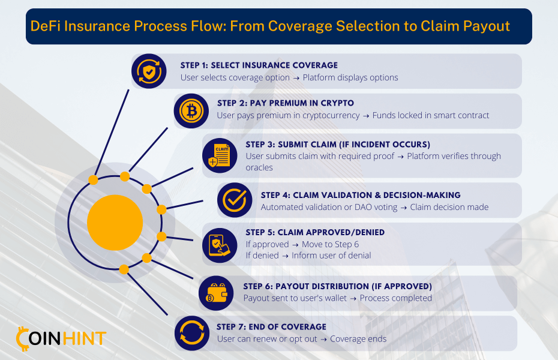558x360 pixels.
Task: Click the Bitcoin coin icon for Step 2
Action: click(191, 111)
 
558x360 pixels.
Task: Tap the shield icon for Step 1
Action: click(149, 71)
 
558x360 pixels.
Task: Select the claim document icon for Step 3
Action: click(220, 155)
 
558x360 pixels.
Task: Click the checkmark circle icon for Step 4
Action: click(235, 200)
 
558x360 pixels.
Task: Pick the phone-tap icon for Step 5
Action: click(220, 245)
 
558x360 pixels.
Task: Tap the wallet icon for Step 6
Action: click(216, 293)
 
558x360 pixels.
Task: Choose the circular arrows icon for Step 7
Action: click(192, 334)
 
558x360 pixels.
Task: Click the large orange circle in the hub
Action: click(115, 223)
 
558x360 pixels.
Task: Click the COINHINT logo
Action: click(61, 338)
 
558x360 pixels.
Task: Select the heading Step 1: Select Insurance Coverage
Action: click(259, 65)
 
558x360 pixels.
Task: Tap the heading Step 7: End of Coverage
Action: click(272, 326)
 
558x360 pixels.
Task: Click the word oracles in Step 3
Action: click(259, 167)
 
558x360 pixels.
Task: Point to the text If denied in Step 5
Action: click(262, 256)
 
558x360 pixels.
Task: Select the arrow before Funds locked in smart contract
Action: click(366, 116)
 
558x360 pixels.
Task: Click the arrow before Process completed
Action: click(353, 299)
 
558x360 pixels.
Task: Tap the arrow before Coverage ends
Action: click(323, 340)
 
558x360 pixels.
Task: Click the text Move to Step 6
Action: click(330, 244)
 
